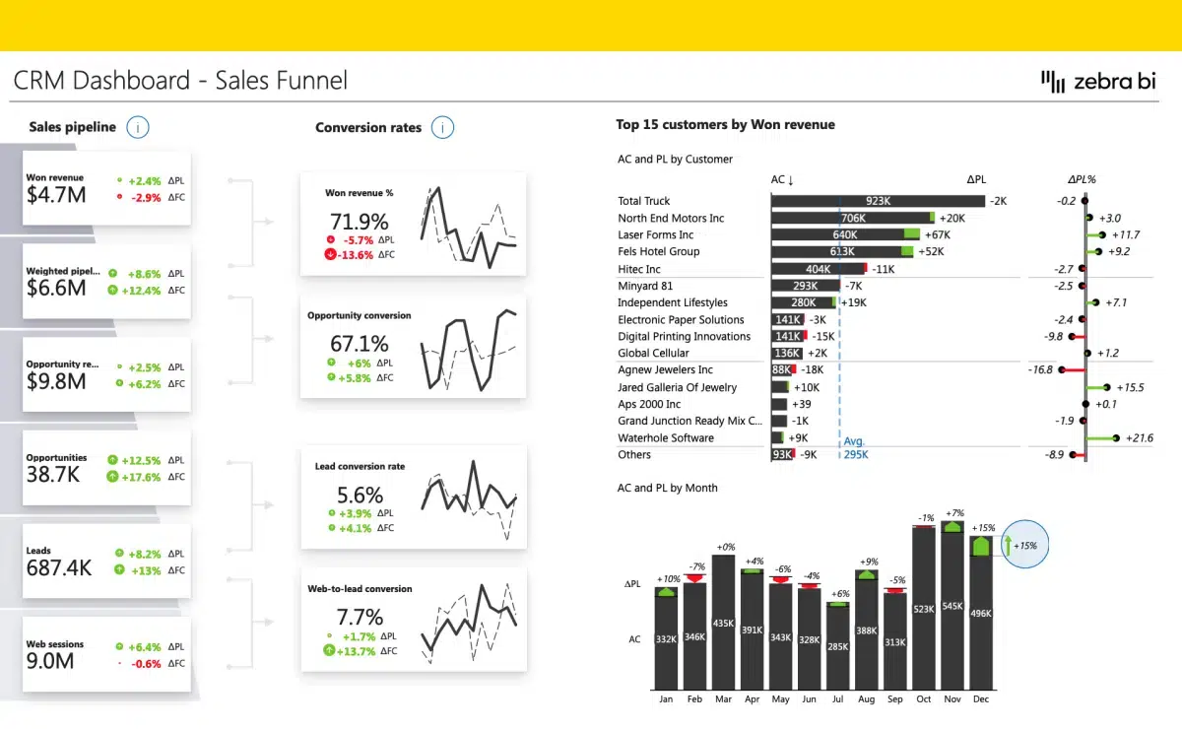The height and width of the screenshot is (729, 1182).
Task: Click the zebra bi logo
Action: coord(1098,82)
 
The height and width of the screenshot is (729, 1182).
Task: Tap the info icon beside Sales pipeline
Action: coord(139,127)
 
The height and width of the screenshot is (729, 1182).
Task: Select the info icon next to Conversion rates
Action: coord(442,127)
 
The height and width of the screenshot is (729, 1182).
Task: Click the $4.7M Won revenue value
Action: coord(56,195)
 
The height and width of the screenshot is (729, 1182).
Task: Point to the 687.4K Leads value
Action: coord(59,568)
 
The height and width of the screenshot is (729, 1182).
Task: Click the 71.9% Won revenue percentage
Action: coord(359,222)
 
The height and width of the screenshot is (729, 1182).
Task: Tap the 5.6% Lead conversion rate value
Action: coord(360,496)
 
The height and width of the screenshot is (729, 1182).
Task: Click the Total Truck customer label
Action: coord(644,201)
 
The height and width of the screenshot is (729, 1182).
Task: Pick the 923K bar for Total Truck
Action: coord(878,201)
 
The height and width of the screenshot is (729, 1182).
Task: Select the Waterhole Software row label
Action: coord(666,437)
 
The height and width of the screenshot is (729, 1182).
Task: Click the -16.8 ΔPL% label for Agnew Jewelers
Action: coord(1040,369)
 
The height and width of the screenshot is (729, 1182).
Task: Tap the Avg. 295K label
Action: coord(856,448)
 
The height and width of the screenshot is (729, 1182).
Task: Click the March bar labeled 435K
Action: coord(723,623)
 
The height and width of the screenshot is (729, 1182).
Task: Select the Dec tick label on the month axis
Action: coord(981,698)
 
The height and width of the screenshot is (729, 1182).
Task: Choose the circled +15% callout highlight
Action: coord(1025,545)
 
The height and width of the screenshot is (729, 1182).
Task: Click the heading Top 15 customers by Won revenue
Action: coord(725,125)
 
